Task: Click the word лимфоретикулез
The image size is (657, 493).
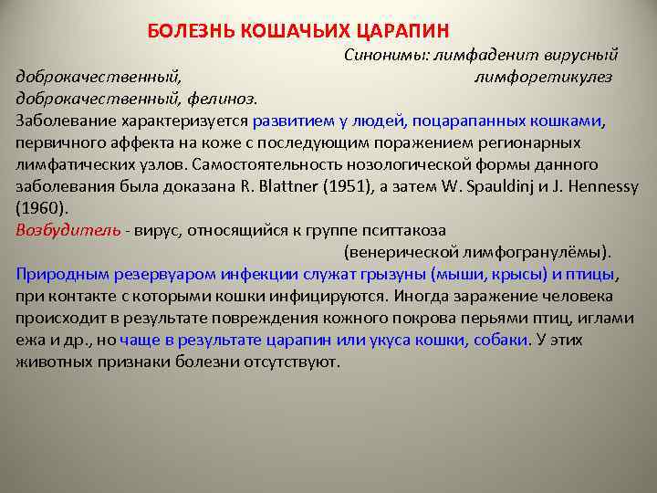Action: click(x=543, y=77)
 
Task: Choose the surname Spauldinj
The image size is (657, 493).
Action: click(x=516, y=186)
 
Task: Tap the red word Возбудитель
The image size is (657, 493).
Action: click(x=68, y=229)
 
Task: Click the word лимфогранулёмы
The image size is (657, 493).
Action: click(x=534, y=251)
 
